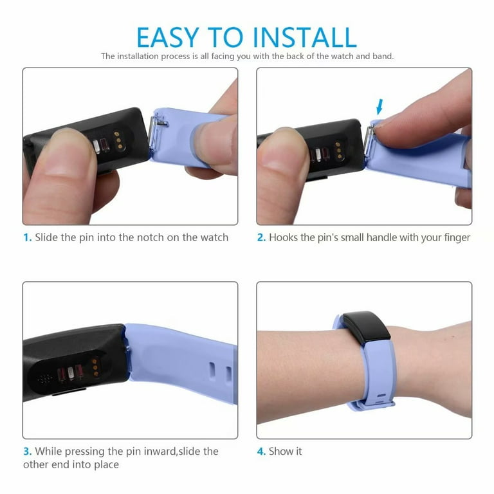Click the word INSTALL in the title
point(305,37)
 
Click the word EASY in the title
point(168,37)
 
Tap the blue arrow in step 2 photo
point(380,107)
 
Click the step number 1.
point(28,237)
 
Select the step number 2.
point(261,237)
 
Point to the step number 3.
point(28,452)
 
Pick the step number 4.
point(261,452)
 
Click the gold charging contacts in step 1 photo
point(118,140)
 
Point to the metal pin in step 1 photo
point(154,132)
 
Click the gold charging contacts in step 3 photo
point(96,367)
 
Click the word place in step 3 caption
point(106,465)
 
